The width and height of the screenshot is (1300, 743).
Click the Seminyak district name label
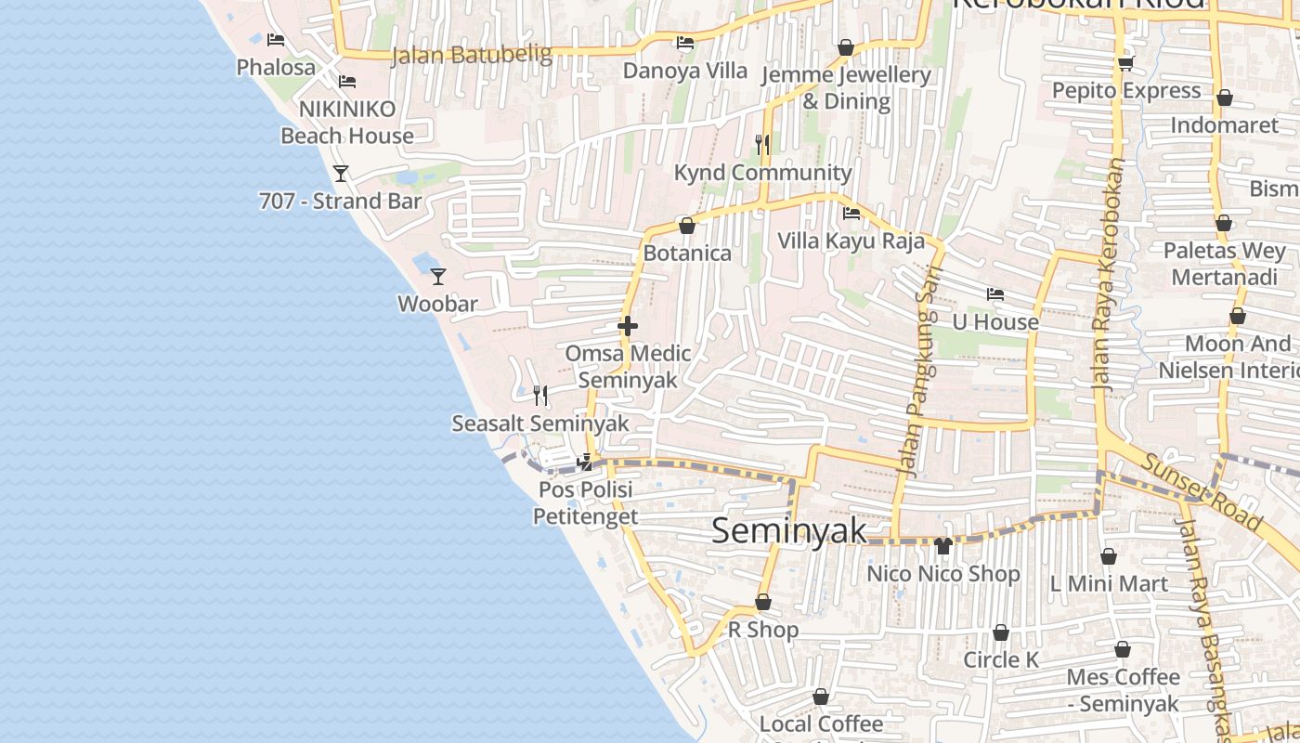(789, 530)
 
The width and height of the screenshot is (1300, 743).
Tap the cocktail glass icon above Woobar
(438, 276)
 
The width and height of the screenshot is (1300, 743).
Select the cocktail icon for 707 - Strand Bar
(341, 173)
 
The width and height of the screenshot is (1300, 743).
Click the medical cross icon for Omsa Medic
(628, 326)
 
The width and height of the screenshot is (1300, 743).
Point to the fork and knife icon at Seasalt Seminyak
(540, 396)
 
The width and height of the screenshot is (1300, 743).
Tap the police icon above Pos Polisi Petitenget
(585, 462)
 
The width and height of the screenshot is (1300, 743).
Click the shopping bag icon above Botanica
(687, 226)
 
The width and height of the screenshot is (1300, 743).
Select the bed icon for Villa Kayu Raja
(851, 214)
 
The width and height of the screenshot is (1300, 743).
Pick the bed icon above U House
(995, 294)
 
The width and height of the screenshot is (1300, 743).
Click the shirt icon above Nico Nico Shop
(943, 546)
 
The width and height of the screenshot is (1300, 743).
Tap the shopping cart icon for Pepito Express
(1125, 63)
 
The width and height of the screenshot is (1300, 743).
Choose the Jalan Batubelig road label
(472, 55)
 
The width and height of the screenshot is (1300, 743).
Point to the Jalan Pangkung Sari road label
(920, 371)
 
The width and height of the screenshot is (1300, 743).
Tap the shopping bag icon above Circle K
(1001, 632)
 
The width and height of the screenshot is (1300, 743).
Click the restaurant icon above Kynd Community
(762, 144)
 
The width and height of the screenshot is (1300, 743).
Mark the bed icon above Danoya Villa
(685, 43)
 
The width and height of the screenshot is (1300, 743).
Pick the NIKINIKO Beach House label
(347, 122)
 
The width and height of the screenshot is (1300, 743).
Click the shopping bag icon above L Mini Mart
(1108, 556)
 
